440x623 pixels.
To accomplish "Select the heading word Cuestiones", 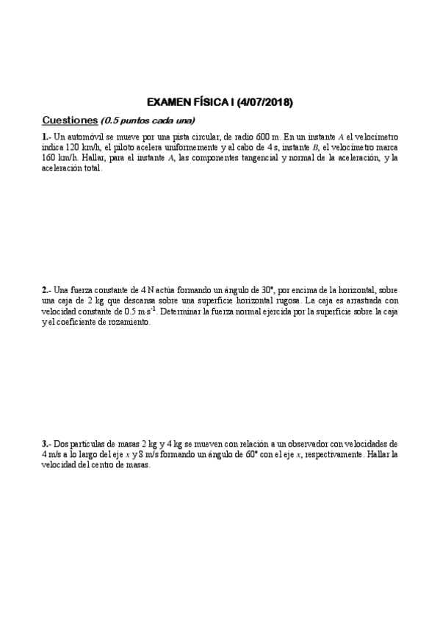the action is pos(70,120).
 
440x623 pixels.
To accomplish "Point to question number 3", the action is pos(46,444).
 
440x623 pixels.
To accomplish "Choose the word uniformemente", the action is pos(184,147).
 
